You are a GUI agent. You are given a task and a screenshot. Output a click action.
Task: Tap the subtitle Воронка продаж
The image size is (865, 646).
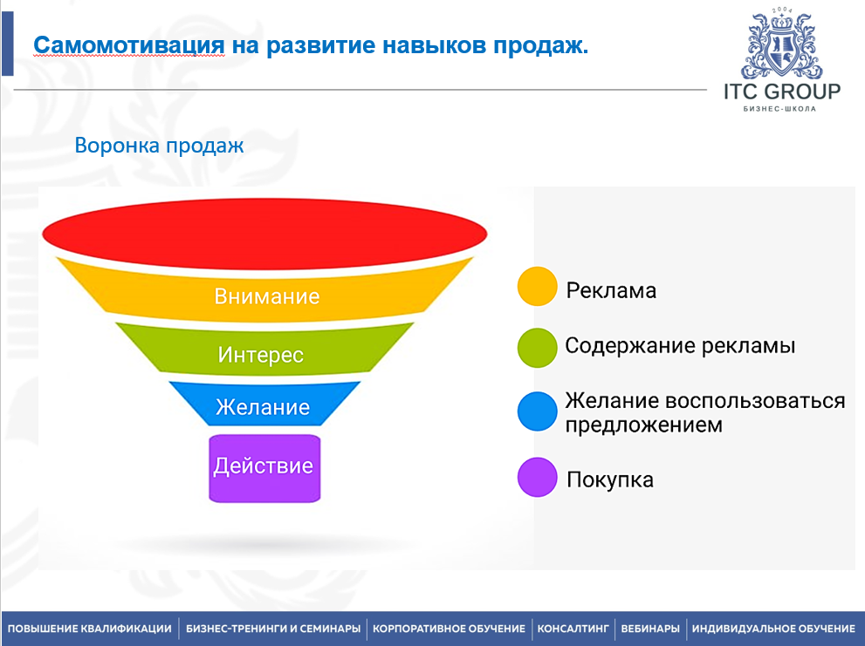click(159, 145)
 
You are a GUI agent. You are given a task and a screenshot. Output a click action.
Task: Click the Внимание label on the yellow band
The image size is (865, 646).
click(266, 296)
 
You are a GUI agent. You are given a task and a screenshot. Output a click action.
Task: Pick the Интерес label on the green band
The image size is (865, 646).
click(261, 355)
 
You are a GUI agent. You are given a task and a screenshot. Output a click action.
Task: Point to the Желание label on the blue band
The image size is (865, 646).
click(263, 407)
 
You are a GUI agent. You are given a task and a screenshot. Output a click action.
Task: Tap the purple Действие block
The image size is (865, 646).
click(263, 466)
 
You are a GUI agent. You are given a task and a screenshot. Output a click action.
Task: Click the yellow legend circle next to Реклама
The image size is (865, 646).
click(537, 287)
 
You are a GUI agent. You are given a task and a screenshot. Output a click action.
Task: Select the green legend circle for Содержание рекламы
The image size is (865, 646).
click(537, 347)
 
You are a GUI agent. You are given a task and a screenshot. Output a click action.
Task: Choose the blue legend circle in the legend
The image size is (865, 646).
click(537, 411)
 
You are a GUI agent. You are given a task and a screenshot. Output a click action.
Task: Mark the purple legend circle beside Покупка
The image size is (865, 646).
click(537, 477)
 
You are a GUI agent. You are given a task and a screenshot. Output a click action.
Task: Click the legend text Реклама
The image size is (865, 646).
click(611, 290)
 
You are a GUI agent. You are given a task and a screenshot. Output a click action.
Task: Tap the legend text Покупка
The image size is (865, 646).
click(609, 479)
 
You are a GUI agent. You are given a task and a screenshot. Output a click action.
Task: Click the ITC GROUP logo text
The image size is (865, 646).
click(782, 92)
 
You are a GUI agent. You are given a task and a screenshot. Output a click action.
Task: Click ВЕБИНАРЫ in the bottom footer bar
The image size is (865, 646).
click(649, 629)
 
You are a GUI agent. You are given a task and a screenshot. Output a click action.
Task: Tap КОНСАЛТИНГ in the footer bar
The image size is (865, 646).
click(573, 629)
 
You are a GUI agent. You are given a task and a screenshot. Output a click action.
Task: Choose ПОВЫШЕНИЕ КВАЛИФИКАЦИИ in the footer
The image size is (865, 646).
click(90, 629)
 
